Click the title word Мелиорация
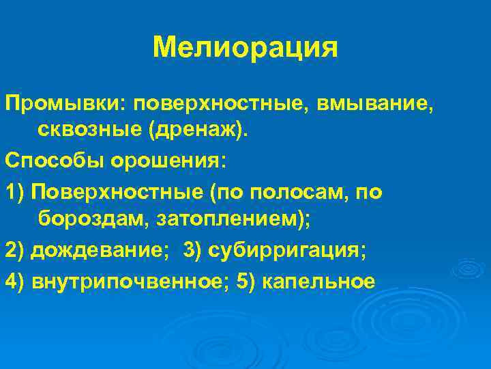[x=245, y=48]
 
